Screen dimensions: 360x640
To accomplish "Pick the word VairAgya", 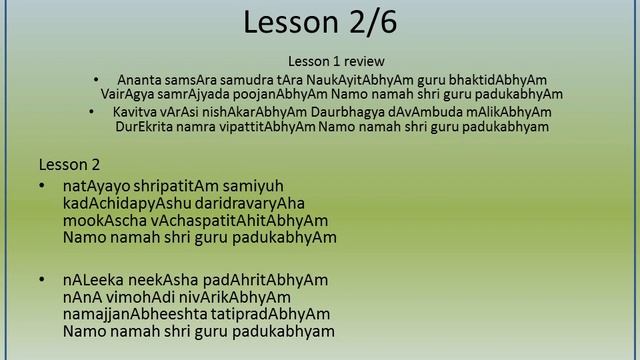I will [129, 94].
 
